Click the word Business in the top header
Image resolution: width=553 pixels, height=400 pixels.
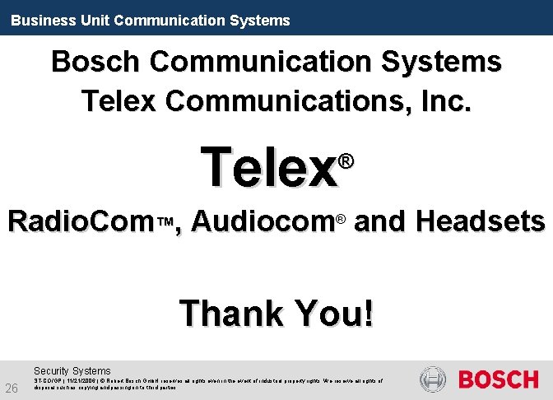[37, 20]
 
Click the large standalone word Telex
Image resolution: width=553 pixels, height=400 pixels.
[269, 166]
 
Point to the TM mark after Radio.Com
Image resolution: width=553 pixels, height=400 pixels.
[165, 222]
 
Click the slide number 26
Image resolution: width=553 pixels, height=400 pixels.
[12, 388]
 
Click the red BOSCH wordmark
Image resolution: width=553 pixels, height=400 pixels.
[497, 380]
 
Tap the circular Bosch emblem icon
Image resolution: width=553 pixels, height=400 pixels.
[434, 379]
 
